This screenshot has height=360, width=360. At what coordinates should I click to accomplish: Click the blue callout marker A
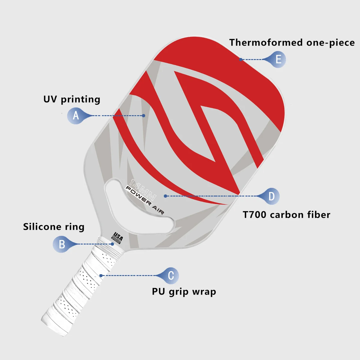(75, 115)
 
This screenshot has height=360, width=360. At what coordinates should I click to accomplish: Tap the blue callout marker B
(61, 244)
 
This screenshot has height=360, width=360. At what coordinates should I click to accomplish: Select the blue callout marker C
(171, 275)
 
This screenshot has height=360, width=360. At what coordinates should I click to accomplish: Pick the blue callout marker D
(271, 196)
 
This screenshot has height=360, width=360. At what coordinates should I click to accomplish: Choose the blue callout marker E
(278, 59)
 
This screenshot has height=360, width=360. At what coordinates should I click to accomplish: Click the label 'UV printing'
(72, 100)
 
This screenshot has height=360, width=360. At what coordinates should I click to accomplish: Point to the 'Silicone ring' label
(54, 227)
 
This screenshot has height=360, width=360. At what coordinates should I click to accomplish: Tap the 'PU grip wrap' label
(184, 292)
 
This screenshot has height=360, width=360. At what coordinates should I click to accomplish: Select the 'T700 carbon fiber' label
(286, 215)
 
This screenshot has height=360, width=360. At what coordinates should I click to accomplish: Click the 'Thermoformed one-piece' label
(292, 43)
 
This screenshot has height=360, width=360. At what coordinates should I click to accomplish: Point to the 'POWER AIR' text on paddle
(144, 200)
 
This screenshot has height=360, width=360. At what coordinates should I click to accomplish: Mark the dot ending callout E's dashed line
(241, 59)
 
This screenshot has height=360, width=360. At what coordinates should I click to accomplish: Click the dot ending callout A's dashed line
(144, 115)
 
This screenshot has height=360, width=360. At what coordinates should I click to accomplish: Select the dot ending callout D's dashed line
(165, 196)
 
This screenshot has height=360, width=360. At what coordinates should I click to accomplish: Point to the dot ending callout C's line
(101, 275)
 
